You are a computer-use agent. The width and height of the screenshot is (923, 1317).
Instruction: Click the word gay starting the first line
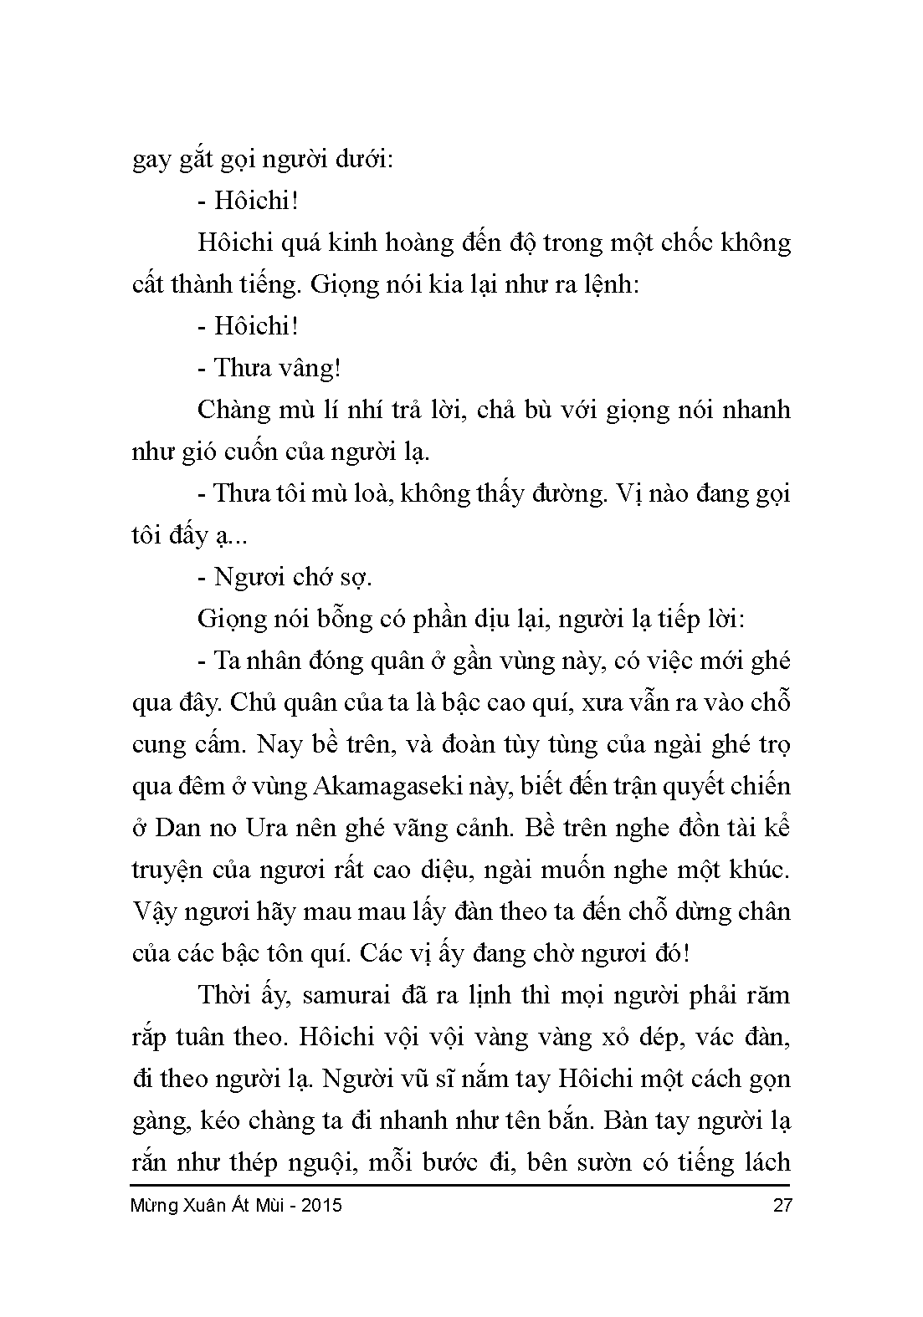(151, 161)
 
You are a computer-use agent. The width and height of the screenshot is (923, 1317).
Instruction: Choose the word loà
(359, 494)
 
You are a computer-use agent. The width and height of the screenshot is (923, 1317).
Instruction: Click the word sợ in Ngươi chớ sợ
(351, 578)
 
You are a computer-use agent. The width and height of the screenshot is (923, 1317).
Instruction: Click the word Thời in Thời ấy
(225, 996)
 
